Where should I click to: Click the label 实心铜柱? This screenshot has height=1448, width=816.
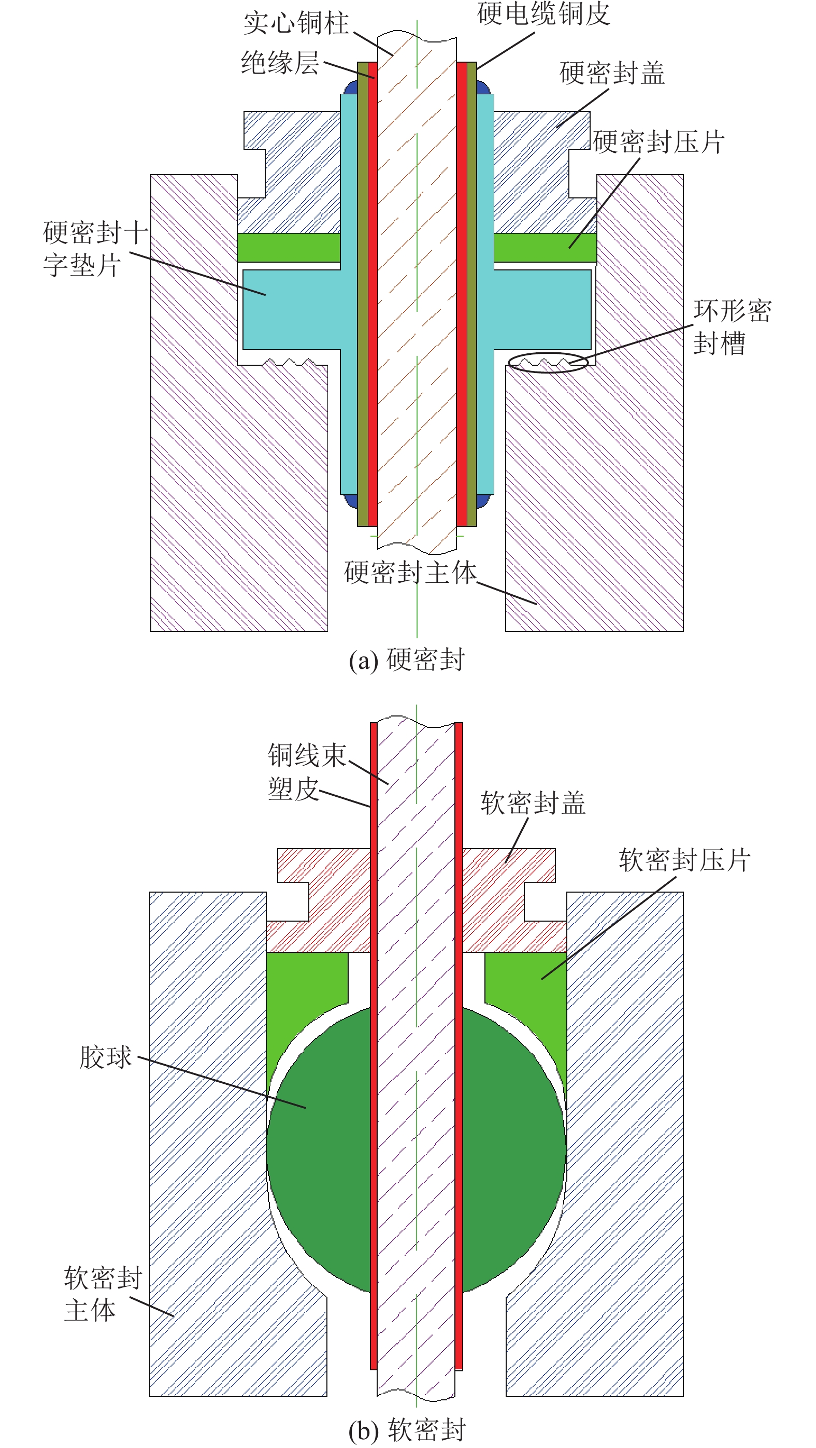click(296, 24)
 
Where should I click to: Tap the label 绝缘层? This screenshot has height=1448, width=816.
click(280, 62)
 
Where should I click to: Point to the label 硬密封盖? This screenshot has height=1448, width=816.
click(612, 74)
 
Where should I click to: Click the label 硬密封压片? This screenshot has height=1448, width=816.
click(658, 141)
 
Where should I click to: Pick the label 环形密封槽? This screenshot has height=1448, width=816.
click(732, 326)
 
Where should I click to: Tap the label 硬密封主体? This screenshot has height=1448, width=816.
click(410, 572)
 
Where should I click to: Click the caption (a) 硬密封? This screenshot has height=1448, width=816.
click(407, 660)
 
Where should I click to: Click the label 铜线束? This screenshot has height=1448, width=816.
click(307, 755)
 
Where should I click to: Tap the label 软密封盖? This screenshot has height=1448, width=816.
click(533, 802)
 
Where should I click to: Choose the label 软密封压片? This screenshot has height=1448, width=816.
click(684, 860)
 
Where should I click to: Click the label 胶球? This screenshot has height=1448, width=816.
click(105, 1057)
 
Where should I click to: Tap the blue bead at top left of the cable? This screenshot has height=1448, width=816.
click(351, 88)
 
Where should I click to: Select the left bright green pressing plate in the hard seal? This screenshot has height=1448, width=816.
click(288, 247)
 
